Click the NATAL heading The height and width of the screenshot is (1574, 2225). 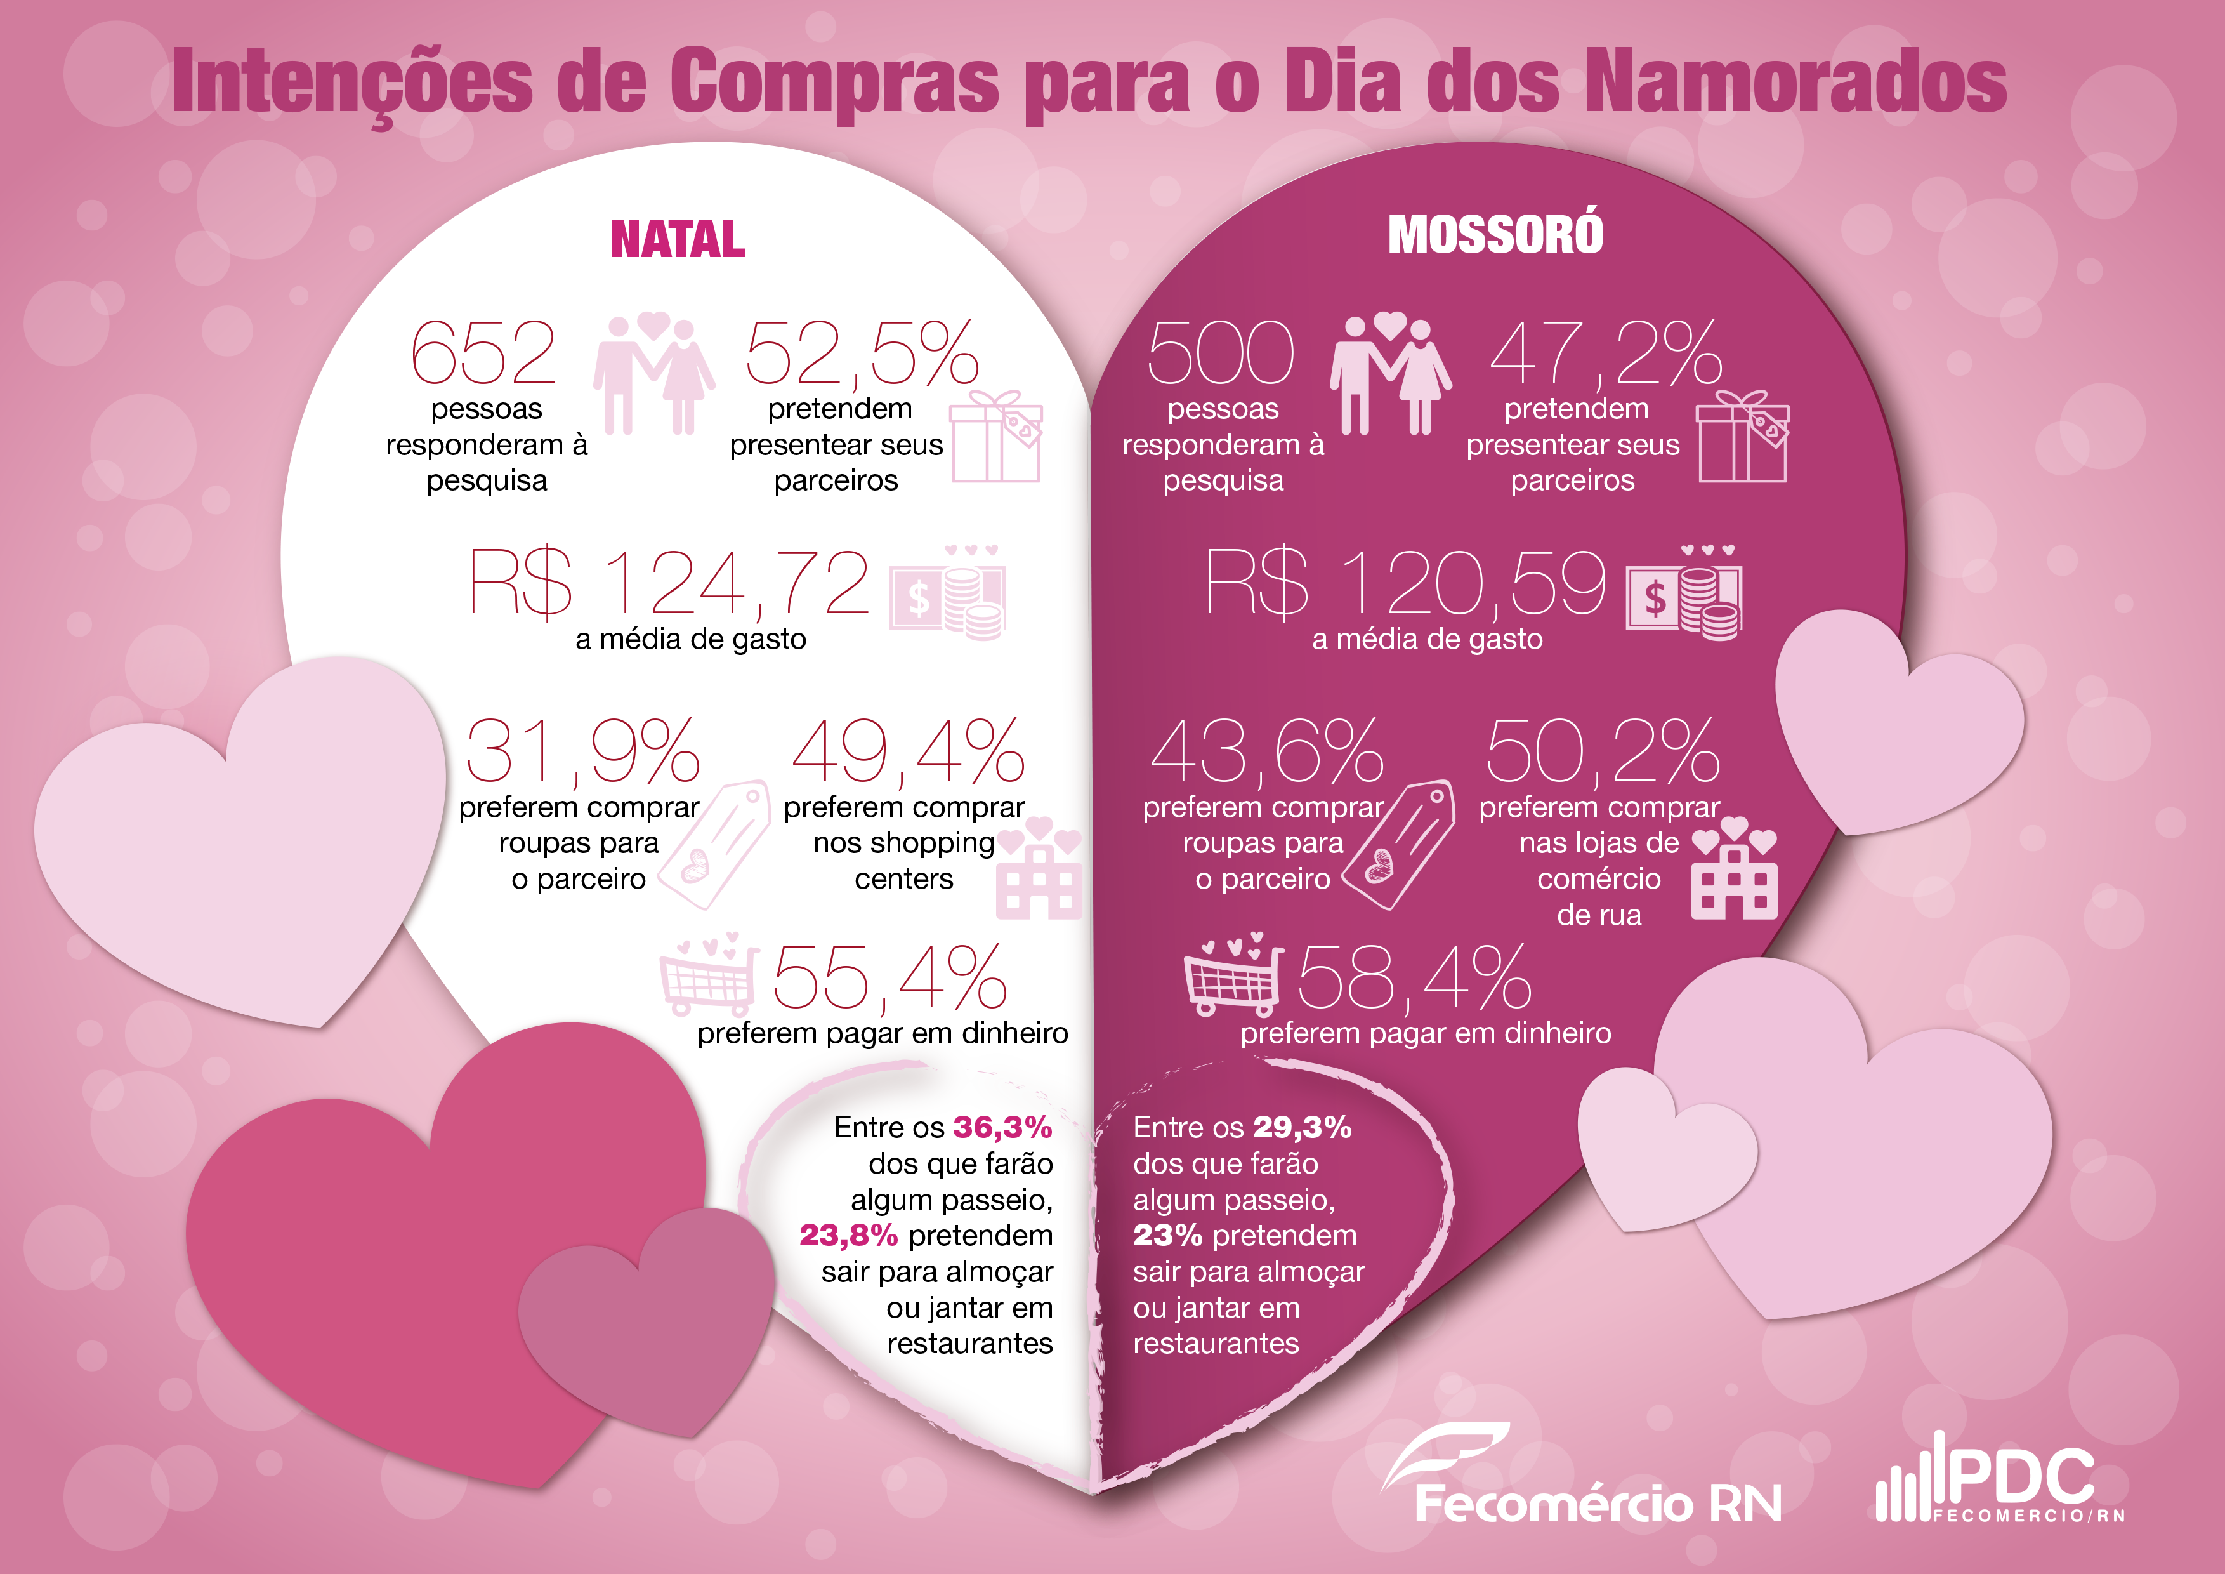[x=678, y=239]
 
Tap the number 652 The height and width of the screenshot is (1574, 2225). [x=483, y=353]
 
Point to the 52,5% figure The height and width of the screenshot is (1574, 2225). [x=862, y=353]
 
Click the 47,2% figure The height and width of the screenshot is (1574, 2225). [x=1606, y=353]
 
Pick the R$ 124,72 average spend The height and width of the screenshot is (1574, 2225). [x=669, y=583]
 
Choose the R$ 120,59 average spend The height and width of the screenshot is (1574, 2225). [x=1405, y=583]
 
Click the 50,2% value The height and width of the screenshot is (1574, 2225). [x=1603, y=752]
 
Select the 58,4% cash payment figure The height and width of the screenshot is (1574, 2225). [x=1414, y=979]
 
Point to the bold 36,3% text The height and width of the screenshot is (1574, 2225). [x=1002, y=1127]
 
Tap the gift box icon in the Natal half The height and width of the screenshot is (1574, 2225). [x=996, y=437]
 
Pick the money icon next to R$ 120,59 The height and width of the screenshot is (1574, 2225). [x=1683, y=593]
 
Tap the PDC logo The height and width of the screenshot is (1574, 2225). [x=1999, y=1480]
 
